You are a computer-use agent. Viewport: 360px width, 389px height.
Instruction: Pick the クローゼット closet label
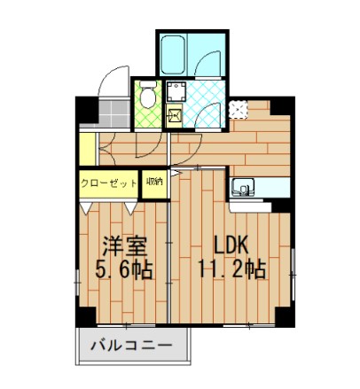[109, 183]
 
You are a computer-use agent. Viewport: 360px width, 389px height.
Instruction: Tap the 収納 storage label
[153, 182]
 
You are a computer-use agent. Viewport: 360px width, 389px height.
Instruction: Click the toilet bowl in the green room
[147, 94]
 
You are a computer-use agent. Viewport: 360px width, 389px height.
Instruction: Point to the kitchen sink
[244, 187]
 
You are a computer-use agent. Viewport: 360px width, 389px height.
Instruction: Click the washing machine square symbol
[176, 92]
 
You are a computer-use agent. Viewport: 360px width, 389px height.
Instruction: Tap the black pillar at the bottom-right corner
[282, 316]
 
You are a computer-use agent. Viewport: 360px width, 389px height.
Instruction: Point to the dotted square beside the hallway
[238, 110]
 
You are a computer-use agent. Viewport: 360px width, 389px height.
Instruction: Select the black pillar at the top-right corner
[261, 105]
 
